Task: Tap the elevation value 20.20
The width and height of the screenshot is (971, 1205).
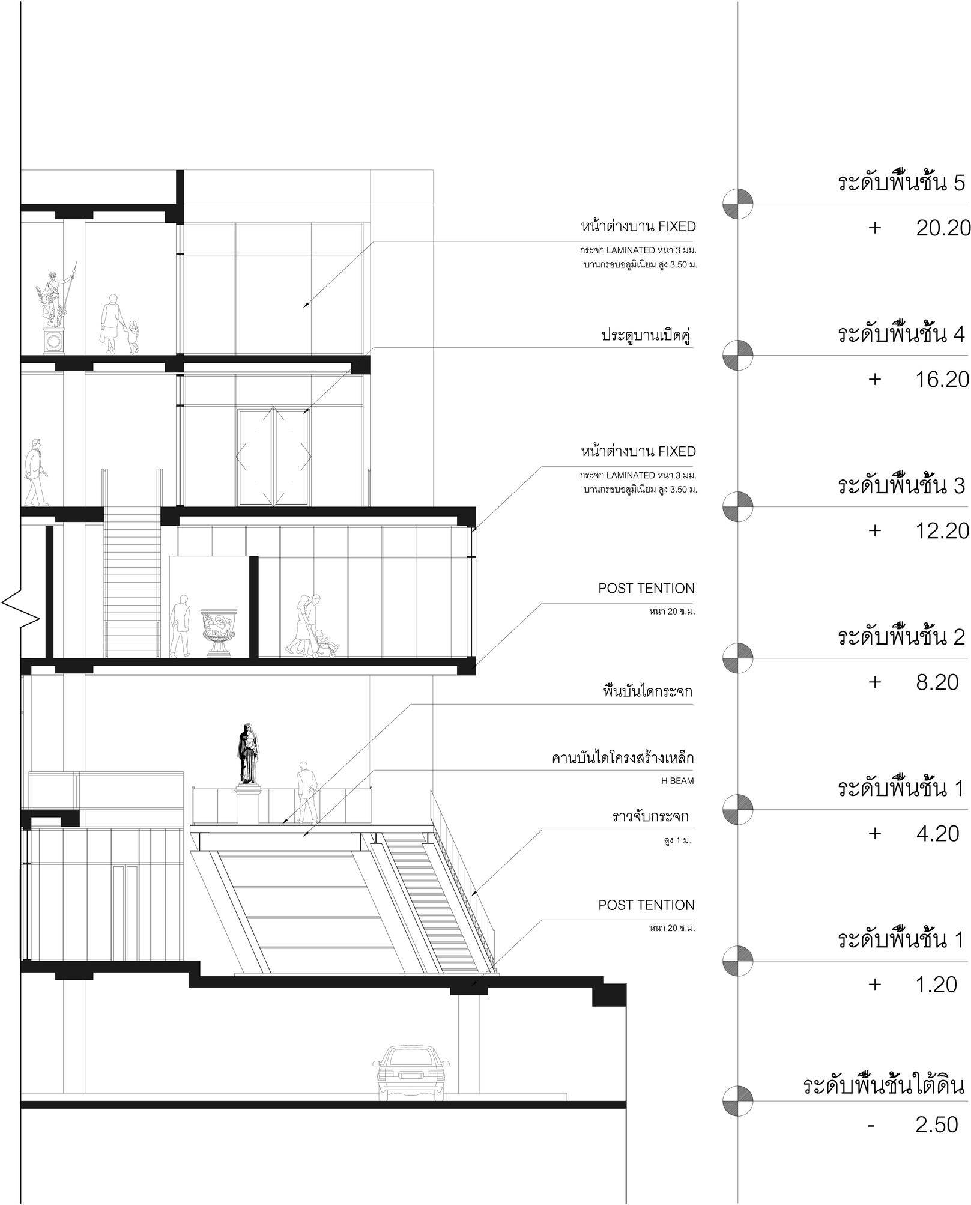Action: (x=943, y=228)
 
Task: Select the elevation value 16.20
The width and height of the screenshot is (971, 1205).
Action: (x=943, y=380)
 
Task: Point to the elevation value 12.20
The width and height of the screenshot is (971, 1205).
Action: (x=943, y=531)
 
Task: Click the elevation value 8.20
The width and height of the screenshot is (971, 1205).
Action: (x=937, y=682)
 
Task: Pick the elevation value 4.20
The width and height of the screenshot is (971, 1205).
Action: (x=937, y=834)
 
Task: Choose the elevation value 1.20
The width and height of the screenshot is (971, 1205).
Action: (x=937, y=985)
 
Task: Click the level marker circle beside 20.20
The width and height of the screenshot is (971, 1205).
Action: (x=738, y=204)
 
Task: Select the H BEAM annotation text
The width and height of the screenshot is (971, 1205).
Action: (x=677, y=781)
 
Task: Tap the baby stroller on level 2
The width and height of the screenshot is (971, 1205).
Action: (x=326, y=643)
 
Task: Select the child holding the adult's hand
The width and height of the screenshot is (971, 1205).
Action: (x=133, y=336)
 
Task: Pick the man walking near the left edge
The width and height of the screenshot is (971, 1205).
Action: (x=35, y=472)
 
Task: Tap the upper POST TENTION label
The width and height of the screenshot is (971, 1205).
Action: (x=646, y=589)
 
